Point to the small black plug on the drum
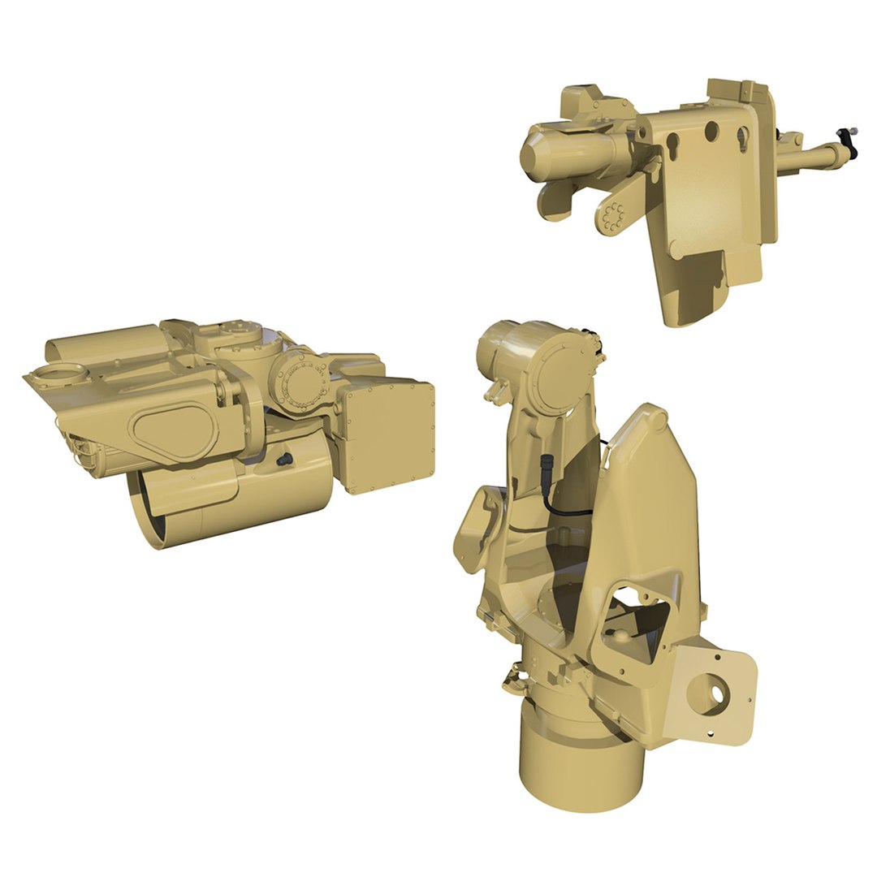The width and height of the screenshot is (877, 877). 284,460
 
